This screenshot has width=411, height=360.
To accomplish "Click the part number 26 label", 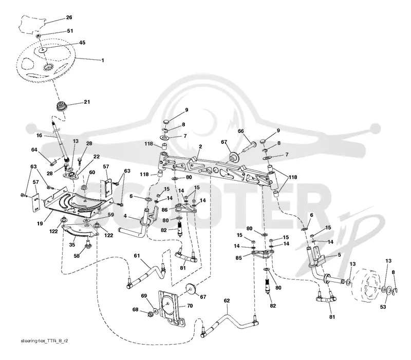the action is click(x=69, y=17).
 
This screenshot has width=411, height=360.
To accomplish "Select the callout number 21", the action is click(x=87, y=102).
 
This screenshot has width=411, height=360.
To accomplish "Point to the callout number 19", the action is click(x=40, y=223).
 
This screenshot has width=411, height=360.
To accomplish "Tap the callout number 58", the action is click(x=77, y=255).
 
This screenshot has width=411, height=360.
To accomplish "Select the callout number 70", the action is click(x=190, y=306).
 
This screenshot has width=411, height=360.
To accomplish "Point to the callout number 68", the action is click(x=135, y=310).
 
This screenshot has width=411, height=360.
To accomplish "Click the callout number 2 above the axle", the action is click(x=200, y=147).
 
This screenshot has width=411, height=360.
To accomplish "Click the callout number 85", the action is click(x=238, y=258).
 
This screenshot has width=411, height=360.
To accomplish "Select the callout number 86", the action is click(x=164, y=210).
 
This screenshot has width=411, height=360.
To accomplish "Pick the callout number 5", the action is click(x=339, y=254).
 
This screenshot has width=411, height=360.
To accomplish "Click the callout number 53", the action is click(x=383, y=307).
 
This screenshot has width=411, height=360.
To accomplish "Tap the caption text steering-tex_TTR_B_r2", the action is click(x=44, y=341).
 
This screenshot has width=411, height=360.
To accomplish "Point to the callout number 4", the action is click(x=125, y=216).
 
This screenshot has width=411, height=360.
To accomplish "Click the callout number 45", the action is click(x=82, y=43).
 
